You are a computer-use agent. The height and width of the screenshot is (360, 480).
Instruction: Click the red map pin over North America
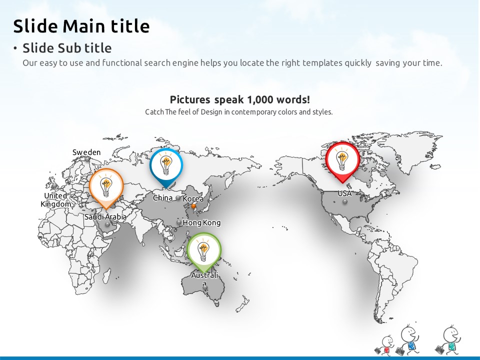click(x=342, y=160)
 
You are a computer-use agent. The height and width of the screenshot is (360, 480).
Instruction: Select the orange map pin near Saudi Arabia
click(x=106, y=186)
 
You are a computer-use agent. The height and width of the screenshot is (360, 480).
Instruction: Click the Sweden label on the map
click(x=86, y=152)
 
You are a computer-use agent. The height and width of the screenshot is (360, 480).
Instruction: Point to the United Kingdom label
click(x=55, y=200)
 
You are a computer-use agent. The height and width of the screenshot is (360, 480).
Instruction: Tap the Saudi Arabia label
click(x=105, y=216)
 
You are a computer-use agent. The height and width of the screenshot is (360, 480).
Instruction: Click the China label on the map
click(x=162, y=198)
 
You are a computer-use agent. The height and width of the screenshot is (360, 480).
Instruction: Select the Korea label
click(x=193, y=198)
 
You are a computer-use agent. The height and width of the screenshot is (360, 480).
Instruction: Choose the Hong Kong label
click(x=201, y=222)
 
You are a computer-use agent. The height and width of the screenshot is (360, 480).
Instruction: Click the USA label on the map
click(x=344, y=193)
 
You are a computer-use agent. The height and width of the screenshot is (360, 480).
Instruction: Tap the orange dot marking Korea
click(x=193, y=206)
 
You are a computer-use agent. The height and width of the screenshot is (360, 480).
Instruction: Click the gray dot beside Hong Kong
click(x=179, y=222)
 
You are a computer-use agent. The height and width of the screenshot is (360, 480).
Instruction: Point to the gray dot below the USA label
click(x=345, y=201)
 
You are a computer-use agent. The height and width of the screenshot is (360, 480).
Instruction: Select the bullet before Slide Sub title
click(x=15, y=48)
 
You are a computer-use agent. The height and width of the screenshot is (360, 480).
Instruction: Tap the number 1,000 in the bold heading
click(x=260, y=99)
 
